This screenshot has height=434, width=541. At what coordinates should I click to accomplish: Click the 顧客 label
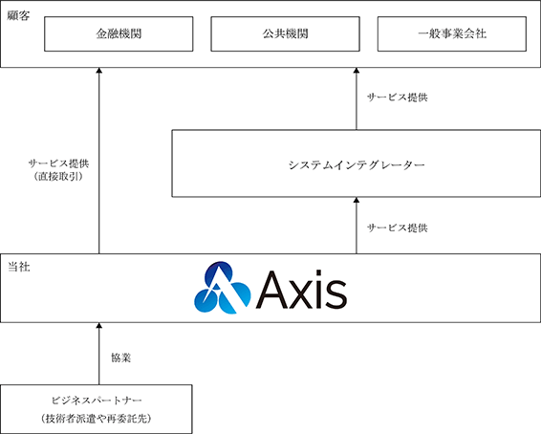[18, 16]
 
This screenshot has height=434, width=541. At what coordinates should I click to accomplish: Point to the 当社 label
[19, 267]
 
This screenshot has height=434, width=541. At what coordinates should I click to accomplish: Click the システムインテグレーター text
[357, 165]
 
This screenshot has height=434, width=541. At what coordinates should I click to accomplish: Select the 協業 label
[120, 358]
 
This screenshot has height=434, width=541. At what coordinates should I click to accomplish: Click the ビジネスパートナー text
[97, 401]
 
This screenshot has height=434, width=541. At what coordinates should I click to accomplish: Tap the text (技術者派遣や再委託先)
[97, 419]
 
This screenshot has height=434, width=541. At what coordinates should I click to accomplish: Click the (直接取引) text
[58, 177]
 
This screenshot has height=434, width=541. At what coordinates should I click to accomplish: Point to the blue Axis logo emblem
[222, 288]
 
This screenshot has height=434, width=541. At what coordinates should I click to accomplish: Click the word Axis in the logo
[301, 289]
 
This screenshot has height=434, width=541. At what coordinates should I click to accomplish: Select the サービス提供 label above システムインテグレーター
[397, 98]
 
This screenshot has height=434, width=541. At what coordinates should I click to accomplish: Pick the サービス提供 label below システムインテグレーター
[397, 228]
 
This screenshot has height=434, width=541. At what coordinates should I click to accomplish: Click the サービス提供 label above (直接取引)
[58, 163]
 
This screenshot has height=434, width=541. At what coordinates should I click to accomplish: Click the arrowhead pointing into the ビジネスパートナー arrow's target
[99, 325]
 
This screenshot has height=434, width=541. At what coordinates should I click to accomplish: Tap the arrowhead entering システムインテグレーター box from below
[357, 200]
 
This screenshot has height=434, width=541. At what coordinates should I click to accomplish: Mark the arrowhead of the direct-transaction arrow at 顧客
[99, 71]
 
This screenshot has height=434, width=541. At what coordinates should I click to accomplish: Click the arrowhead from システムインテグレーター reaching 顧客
[357, 71]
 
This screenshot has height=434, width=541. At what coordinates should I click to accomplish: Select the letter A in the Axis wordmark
[272, 290]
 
